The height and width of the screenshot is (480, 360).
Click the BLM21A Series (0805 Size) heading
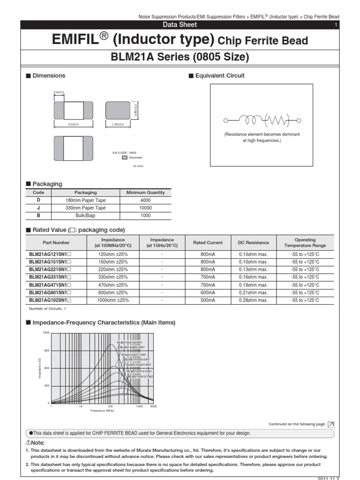(x=180, y=58)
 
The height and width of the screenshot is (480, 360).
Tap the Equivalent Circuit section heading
(x=219, y=76)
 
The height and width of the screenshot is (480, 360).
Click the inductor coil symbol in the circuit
(x=253, y=120)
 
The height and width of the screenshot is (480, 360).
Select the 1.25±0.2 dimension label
(x=117, y=124)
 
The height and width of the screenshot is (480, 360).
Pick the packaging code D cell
(x=38, y=200)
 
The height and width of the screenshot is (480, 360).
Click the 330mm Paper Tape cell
(x=86, y=208)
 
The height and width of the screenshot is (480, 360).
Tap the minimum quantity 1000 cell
(x=145, y=215)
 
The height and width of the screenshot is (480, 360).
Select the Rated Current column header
(x=208, y=243)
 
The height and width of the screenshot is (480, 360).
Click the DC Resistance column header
(x=253, y=243)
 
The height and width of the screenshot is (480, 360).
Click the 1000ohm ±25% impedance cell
(x=113, y=300)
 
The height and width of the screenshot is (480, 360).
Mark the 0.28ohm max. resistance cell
(x=253, y=300)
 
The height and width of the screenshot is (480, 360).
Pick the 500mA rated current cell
(x=208, y=300)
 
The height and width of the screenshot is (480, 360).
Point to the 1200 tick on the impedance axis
(x=46, y=333)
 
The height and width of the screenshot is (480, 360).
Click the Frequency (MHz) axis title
(x=102, y=411)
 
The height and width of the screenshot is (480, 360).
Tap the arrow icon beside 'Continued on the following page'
(x=331, y=424)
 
